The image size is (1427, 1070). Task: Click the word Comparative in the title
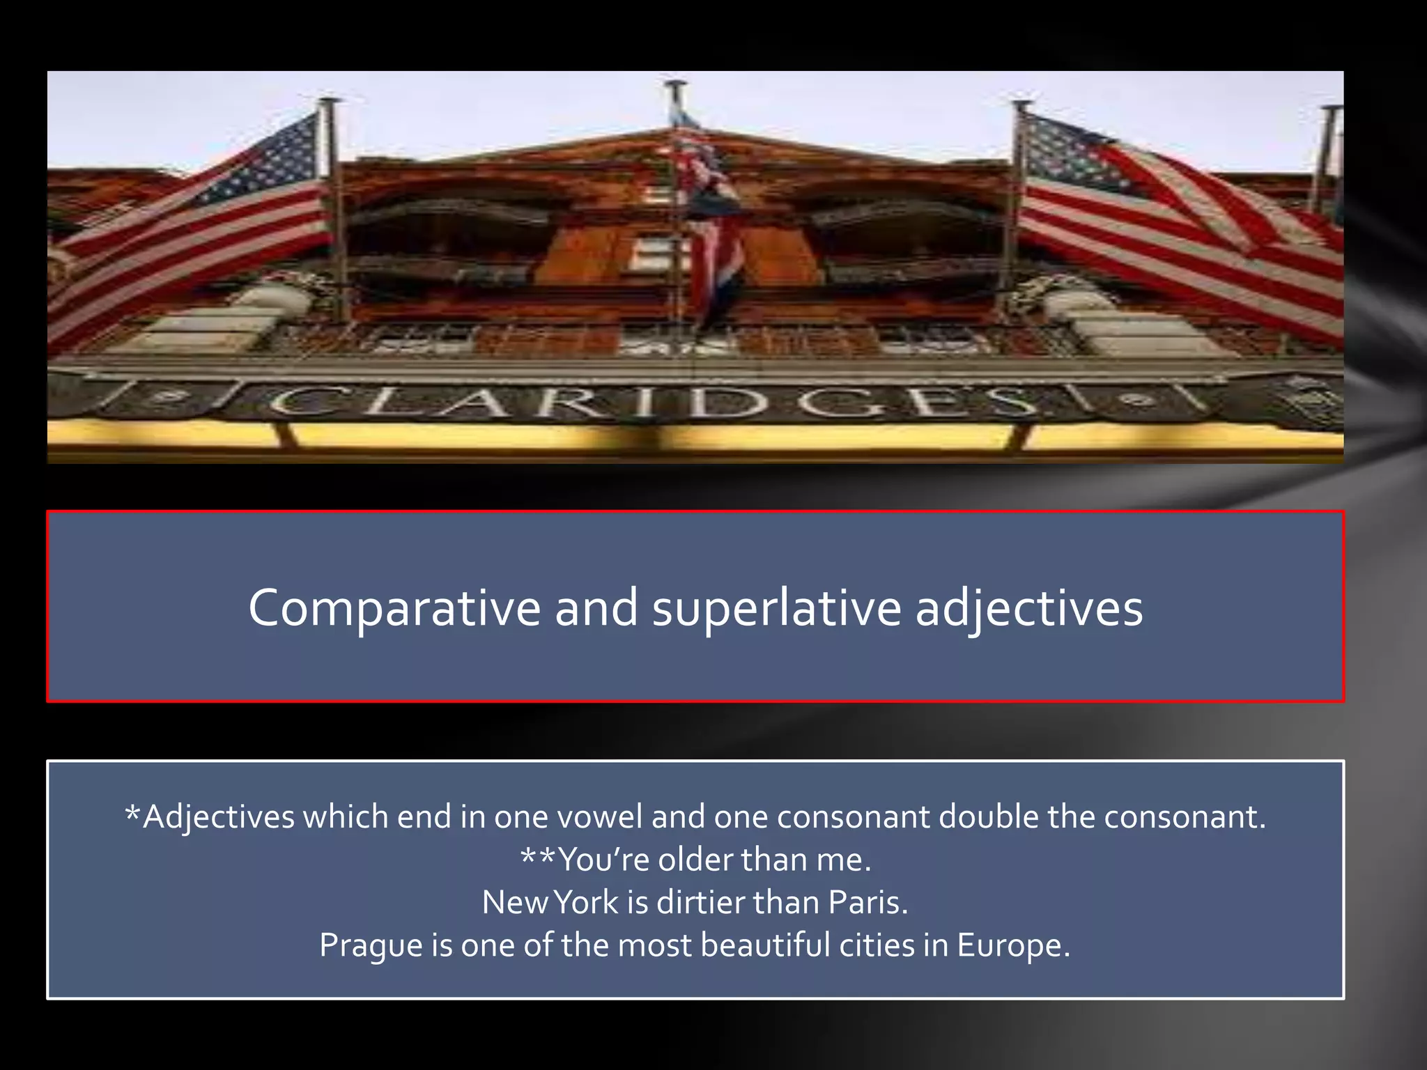394,608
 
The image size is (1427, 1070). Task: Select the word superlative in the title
776,608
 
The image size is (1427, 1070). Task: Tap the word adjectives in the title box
1028,608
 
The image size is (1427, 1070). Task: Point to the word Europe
1012,945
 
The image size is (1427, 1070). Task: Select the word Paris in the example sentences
867,902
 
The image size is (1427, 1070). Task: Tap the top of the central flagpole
674,84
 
